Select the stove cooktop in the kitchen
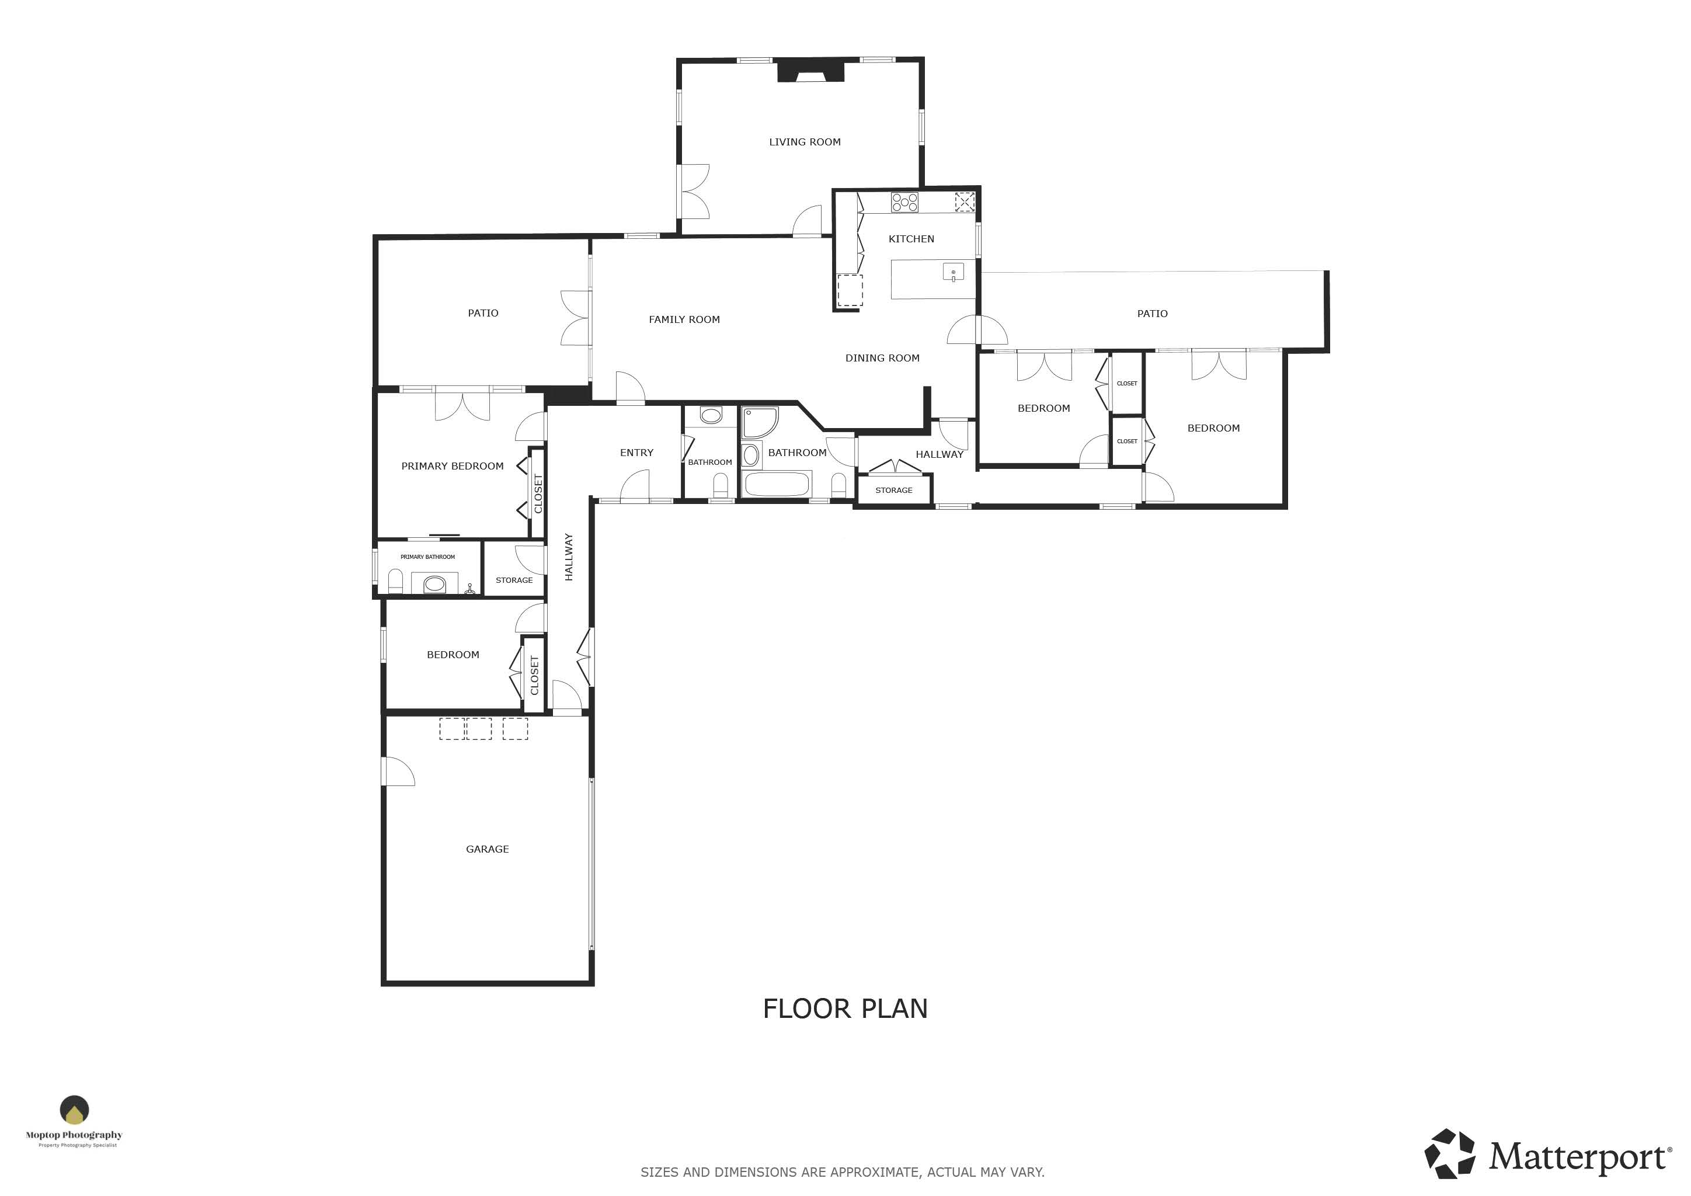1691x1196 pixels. tap(904, 203)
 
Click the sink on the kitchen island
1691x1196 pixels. tap(953, 273)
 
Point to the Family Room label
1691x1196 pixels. tap(684, 319)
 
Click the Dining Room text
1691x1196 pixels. tap(882, 359)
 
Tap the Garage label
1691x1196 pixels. tap(488, 849)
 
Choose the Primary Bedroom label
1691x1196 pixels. tap(452, 466)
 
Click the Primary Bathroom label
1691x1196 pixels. tap(428, 557)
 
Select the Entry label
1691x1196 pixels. tap(636, 453)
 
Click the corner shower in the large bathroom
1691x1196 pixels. tap(759, 423)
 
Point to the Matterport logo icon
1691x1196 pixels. tap(1449, 1153)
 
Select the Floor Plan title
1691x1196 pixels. tap(845, 1009)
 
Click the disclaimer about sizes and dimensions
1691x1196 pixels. tap(843, 1171)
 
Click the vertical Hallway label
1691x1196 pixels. tap(569, 558)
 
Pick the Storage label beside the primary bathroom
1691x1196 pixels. tap(514, 580)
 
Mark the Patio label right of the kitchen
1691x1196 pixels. tap(1152, 314)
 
